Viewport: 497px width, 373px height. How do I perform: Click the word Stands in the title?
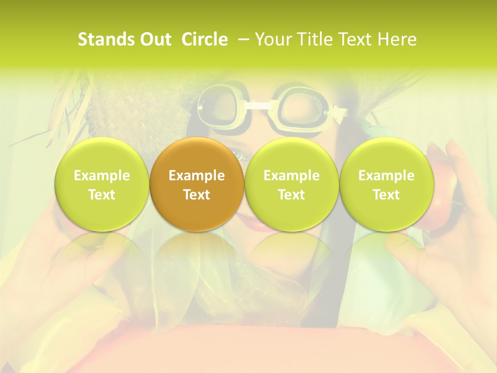[x=101, y=39]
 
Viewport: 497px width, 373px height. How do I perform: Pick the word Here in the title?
[x=398, y=39]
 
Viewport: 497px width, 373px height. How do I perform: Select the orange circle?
[x=196, y=184]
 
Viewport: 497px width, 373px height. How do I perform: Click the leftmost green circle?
[x=101, y=184]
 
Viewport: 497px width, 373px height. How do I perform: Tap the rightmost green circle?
[x=386, y=184]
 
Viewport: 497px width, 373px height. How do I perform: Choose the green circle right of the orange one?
[x=291, y=184]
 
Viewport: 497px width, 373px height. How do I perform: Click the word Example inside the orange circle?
[x=196, y=176]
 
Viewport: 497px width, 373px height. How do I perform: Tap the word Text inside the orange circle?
[x=196, y=195]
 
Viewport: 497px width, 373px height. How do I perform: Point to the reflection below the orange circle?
[x=196, y=254]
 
